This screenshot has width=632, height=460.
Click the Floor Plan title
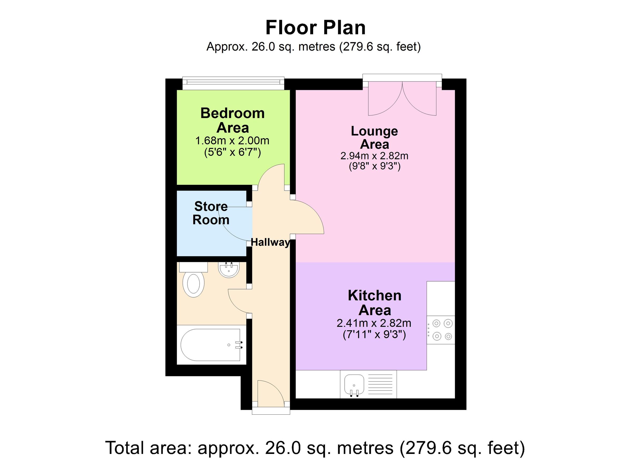[x=315, y=28]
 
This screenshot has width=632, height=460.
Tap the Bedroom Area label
[x=233, y=120]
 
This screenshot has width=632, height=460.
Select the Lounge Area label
[x=374, y=138]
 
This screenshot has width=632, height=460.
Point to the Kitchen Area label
[x=374, y=303]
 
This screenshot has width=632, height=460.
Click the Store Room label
[x=211, y=213]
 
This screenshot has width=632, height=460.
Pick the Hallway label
[x=270, y=242]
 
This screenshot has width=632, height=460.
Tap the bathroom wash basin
[x=229, y=270]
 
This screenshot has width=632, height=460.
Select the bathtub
[x=211, y=345]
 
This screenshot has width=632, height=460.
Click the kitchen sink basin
[x=354, y=384]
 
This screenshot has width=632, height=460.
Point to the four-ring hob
[x=442, y=330]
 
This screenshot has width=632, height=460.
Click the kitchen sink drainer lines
[x=380, y=384]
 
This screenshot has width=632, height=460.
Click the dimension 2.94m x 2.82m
[x=374, y=156]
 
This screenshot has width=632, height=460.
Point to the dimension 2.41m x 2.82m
[x=374, y=323]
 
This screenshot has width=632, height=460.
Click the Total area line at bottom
[x=315, y=448]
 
